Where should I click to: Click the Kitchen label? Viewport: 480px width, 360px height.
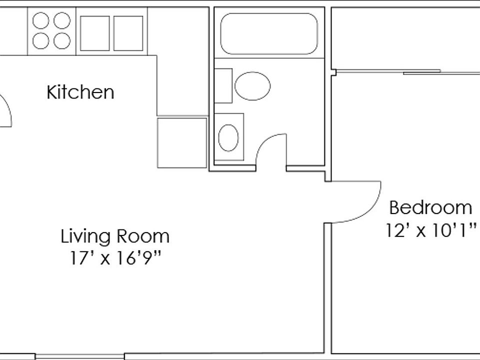[80, 92]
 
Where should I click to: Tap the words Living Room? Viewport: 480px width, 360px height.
[115, 236]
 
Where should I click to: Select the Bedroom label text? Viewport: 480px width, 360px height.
[430, 207]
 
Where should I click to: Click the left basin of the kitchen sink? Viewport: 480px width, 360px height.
[94, 33]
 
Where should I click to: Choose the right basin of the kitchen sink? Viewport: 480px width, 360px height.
[128, 33]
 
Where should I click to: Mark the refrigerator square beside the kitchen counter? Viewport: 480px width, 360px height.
[182, 143]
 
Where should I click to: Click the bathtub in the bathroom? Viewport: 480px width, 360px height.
[269, 33]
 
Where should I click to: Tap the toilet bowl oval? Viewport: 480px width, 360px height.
[252, 86]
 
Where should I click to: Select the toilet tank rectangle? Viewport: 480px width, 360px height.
[223, 86]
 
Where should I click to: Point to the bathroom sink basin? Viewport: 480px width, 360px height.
[228, 137]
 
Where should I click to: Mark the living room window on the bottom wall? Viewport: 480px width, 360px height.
[80, 356]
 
